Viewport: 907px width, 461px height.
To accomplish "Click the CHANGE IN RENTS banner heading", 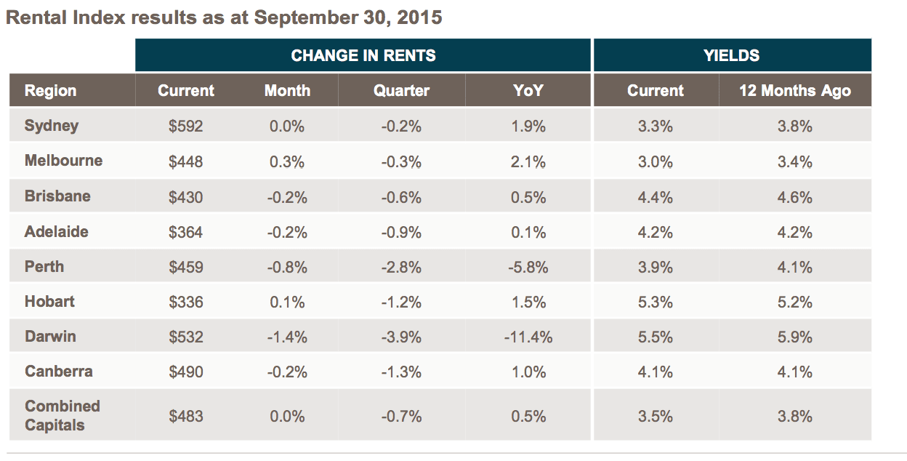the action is coord(363,55).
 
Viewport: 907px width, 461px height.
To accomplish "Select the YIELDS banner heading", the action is coord(731,55).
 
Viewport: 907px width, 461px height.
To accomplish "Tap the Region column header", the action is coord(51,91).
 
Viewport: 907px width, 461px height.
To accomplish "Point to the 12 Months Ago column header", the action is coord(795,91).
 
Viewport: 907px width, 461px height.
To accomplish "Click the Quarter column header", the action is coord(401,91).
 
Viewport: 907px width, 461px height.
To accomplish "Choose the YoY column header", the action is coord(528,90).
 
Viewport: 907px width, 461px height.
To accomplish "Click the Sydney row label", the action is coord(52,126).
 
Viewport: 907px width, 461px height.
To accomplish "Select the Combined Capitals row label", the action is coord(63,416).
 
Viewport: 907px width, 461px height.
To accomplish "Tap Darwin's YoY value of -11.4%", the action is coord(528,337).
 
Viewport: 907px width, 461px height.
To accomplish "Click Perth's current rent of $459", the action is coord(186,268).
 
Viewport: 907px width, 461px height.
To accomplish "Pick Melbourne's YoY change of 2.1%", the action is coord(528,162).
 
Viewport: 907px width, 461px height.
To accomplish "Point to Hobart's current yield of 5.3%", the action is coord(655,302).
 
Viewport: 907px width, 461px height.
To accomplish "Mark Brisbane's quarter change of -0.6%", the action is coord(401,197).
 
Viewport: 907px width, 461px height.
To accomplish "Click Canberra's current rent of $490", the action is coord(186,372).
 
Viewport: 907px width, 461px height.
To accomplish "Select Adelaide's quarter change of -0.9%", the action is coord(401,233).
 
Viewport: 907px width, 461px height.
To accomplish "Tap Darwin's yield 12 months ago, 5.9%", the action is coord(794,337).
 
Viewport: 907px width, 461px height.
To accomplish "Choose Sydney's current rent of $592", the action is coord(186,127).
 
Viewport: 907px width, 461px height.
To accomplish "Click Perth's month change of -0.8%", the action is coord(287,268).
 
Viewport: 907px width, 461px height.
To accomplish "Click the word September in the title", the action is coord(306,18).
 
